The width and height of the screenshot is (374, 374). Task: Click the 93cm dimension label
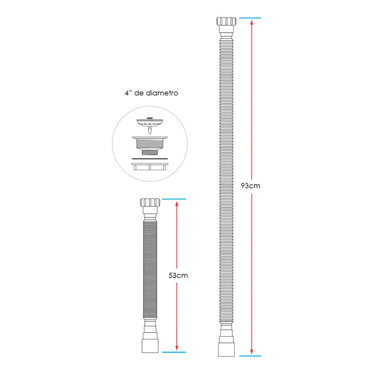pos(251,186)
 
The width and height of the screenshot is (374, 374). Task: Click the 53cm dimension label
pos(178,275)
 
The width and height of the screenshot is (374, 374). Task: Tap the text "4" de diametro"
pos(151,93)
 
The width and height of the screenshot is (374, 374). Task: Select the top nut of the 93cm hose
pos(226,22)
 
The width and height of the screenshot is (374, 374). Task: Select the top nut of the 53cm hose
pos(150,202)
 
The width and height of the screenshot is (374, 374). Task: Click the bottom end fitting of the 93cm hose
pos(226,350)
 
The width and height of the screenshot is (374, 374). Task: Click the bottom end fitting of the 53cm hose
pos(150,346)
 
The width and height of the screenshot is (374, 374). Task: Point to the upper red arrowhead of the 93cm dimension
pos(252,22)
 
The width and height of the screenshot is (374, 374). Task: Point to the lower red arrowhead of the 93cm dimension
pos(252,352)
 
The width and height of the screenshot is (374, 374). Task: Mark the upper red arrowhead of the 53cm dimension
pos(177,203)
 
